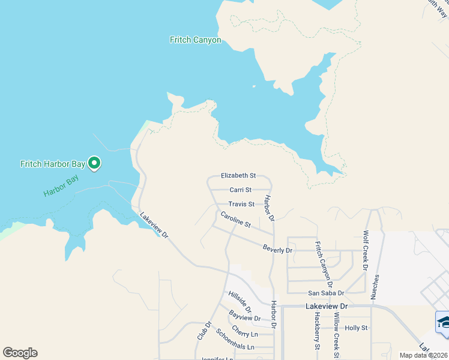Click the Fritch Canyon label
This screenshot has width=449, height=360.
pyautogui.click(x=196, y=40)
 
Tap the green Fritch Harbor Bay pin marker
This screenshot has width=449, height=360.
pyautogui.click(x=94, y=163)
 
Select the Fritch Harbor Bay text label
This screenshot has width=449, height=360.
pyautogui.click(x=52, y=163)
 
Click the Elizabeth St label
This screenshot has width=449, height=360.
pyautogui.click(x=238, y=176)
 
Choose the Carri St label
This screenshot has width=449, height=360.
pyautogui.click(x=240, y=190)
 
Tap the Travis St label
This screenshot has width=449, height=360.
pyautogui.click(x=241, y=204)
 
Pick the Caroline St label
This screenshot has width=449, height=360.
pyautogui.click(x=235, y=219)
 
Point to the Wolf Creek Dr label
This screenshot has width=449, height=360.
pyautogui.click(x=366, y=250)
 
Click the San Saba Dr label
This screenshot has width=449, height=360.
pyautogui.click(x=326, y=293)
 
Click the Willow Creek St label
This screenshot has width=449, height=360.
pyautogui.click(x=337, y=336)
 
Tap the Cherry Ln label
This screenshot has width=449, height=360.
pyautogui.click(x=244, y=332)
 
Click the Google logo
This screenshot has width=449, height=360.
pyautogui.click(x=20, y=353)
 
